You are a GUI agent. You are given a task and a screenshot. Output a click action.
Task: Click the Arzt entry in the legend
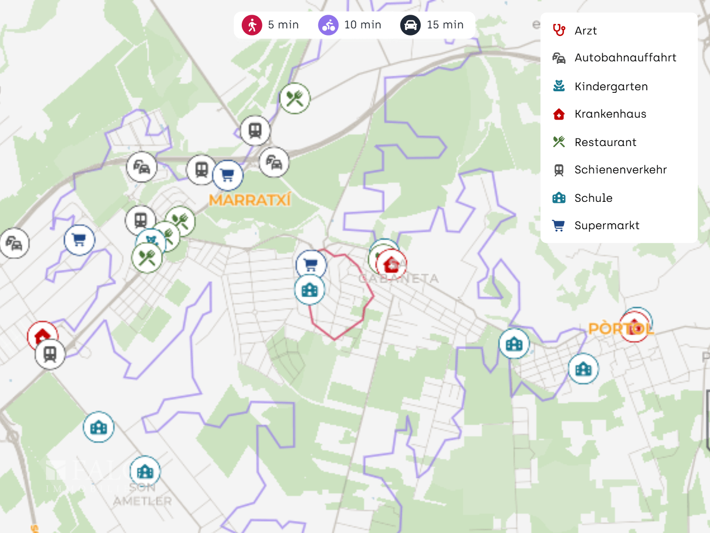pyautogui.click(x=585, y=31)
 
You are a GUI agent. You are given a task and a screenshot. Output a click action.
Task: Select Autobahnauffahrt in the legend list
pyautogui.click(x=625, y=58)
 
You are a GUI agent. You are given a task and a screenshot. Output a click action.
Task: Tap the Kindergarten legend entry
pyautogui.click(x=611, y=87)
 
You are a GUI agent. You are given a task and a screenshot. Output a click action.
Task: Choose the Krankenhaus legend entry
pyautogui.click(x=610, y=114)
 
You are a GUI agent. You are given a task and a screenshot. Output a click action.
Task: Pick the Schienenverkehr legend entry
pyautogui.click(x=620, y=170)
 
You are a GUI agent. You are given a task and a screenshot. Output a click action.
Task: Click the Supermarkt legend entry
pyautogui.click(x=607, y=226)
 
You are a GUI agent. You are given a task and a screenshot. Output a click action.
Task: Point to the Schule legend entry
pyautogui.click(x=593, y=198)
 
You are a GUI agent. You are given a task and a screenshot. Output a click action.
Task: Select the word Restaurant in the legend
pyautogui.click(x=605, y=143)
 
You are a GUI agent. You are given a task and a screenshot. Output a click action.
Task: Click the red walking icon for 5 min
pyautogui.click(x=252, y=25)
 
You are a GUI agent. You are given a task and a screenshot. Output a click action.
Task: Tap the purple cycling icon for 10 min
pyautogui.click(x=328, y=25)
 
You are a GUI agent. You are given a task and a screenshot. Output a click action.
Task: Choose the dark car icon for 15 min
pyautogui.click(x=410, y=25)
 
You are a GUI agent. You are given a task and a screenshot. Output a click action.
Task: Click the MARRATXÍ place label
pyautogui.click(x=250, y=200)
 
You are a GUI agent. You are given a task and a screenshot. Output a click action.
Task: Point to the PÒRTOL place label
pyautogui.click(x=621, y=329)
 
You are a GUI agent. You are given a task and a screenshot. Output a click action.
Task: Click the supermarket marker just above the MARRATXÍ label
pyautogui.click(x=228, y=175)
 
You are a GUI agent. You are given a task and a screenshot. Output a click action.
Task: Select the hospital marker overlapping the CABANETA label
pyautogui.click(x=391, y=264)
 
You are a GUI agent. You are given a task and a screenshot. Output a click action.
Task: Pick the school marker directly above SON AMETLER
pyautogui.click(x=145, y=472)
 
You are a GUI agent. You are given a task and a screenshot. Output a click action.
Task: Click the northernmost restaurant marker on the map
pyautogui.click(x=295, y=98)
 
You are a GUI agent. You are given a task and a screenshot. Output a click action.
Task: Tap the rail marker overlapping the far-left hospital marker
pyautogui.click(x=50, y=353)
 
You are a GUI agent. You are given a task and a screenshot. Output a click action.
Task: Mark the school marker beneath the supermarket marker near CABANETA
pyautogui.click(x=310, y=290)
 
